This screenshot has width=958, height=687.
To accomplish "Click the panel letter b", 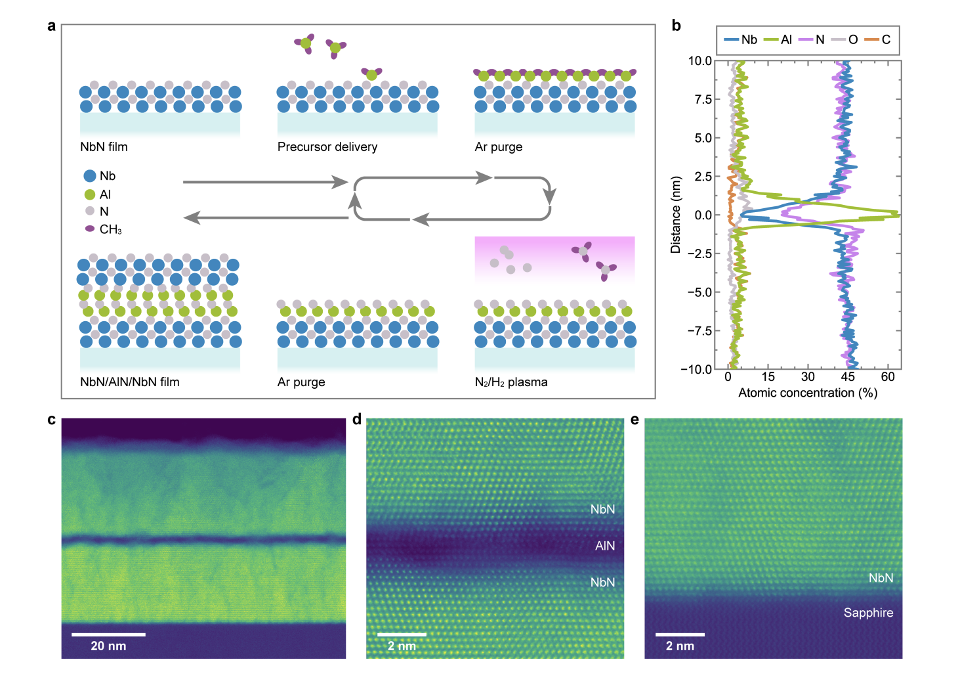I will pos(676,26).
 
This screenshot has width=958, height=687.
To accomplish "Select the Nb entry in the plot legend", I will pos(741,40).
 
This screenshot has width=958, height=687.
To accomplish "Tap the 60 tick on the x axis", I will pos(888,377).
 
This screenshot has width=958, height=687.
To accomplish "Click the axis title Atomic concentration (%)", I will pos(808,393).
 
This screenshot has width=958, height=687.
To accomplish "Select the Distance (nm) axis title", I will pos(676,215).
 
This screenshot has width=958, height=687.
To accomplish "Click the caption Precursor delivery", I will pos(327,147).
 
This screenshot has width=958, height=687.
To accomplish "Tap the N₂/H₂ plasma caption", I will pos(511,382).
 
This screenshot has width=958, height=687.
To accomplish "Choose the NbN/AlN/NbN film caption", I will pos(130,382).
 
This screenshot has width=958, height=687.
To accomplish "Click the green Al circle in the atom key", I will pos(90,194).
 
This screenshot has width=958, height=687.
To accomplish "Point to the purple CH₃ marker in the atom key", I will pos(90,229).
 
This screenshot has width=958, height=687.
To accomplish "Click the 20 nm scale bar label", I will pos(108,646).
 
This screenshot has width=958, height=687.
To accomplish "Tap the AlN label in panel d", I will pos(605,546).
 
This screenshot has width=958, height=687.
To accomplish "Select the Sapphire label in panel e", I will pos(868,613).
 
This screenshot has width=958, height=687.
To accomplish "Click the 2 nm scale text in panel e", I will pos(680,646).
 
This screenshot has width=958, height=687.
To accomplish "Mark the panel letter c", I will pos(52,420).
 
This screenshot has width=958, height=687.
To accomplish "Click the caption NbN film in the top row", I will pos(104,147).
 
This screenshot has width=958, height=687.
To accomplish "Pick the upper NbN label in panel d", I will pos(602,510).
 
